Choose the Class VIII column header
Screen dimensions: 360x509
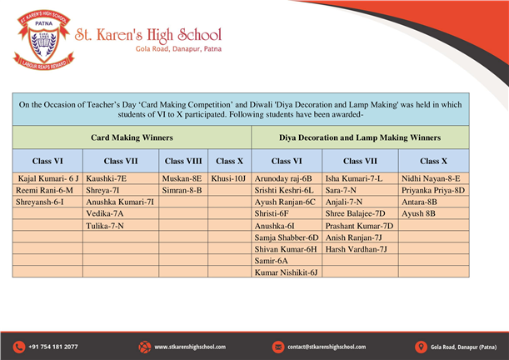[x=183, y=161]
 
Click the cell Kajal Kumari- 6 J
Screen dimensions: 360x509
[x=47, y=178]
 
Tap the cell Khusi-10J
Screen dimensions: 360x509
[x=229, y=178]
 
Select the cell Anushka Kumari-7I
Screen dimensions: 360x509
[x=120, y=202]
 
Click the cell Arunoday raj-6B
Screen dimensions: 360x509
[x=283, y=178]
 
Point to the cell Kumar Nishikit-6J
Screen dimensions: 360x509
[x=287, y=272]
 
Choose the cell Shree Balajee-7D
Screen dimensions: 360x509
[x=354, y=213]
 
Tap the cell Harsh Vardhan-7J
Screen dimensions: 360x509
[x=356, y=248]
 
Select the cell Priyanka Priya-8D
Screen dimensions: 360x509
[x=433, y=190]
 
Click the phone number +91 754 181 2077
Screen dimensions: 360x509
[x=52, y=347]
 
